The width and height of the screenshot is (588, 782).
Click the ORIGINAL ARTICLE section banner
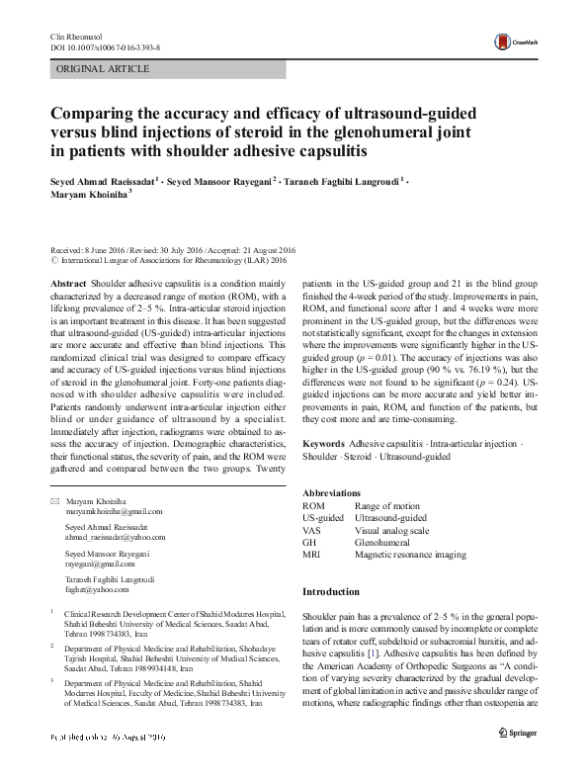click(x=104, y=69)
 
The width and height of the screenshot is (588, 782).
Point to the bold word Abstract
click(x=67, y=283)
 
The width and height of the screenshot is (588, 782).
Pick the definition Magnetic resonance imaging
click(x=410, y=555)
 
